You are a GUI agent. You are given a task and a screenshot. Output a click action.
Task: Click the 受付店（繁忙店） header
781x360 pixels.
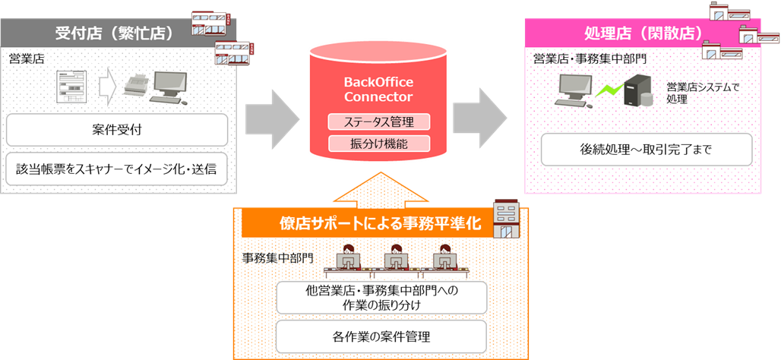tap(114, 33)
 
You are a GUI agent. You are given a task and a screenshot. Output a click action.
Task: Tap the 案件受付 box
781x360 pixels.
tap(117, 130)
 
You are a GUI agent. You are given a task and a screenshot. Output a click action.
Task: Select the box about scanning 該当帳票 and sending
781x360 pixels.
tap(117, 169)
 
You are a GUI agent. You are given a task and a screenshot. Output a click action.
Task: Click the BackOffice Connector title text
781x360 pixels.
tap(378, 89)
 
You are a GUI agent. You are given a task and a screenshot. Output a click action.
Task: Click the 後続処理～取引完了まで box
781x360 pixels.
tap(647, 150)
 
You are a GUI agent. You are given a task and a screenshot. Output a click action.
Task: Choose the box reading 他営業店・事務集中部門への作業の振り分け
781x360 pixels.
tap(381, 297)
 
